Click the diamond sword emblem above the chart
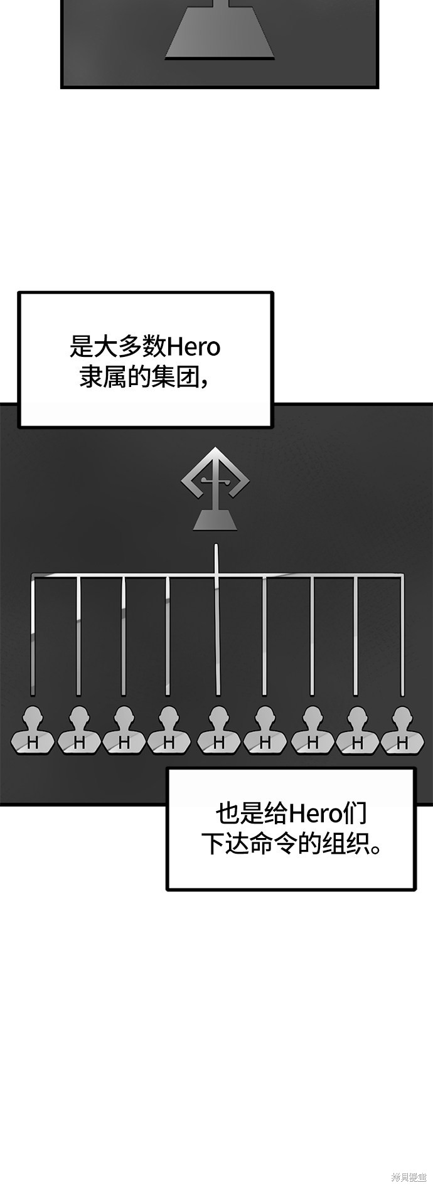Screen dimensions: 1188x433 pyautogui.click(x=215, y=480)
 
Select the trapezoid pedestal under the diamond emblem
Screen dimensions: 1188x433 pyautogui.click(x=215, y=521)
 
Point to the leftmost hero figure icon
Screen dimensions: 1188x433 pyautogui.click(x=33, y=730)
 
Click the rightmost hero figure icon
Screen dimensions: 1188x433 pyautogui.click(x=402, y=730)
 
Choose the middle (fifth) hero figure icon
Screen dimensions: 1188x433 pyautogui.click(x=218, y=730)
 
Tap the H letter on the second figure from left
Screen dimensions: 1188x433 pyautogui.click(x=79, y=743)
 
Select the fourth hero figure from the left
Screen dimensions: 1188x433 pyautogui.click(x=168, y=730)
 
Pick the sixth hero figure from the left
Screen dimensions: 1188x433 pyautogui.click(x=264, y=730)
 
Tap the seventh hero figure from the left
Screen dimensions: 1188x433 pyautogui.click(x=312, y=730)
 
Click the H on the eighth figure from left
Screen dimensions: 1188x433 pyautogui.click(x=357, y=743)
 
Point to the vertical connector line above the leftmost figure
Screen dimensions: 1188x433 pyautogui.click(x=33, y=634)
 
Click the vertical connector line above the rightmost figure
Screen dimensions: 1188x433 pyautogui.click(x=402, y=634)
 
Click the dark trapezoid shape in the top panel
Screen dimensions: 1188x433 pyautogui.click(x=219, y=34)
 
